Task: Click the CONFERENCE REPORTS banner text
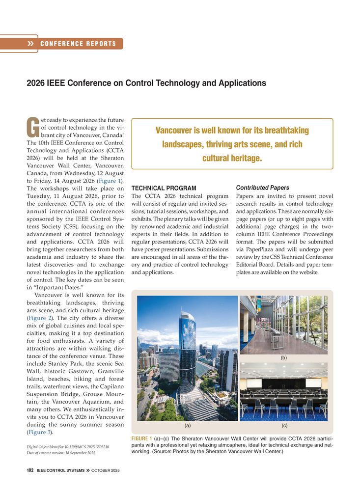(x=78, y=44)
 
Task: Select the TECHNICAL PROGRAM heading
(x=164, y=189)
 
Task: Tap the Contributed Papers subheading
(x=262, y=188)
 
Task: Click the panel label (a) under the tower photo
(x=187, y=426)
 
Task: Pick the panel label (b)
(x=283, y=357)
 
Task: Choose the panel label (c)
(x=283, y=426)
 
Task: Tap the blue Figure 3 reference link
(x=38, y=432)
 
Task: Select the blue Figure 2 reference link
(x=40, y=318)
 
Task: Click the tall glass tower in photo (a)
(x=187, y=344)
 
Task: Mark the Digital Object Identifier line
(x=67, y=447)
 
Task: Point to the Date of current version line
(x=61, y=453)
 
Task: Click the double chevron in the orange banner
(x=31, y=44)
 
